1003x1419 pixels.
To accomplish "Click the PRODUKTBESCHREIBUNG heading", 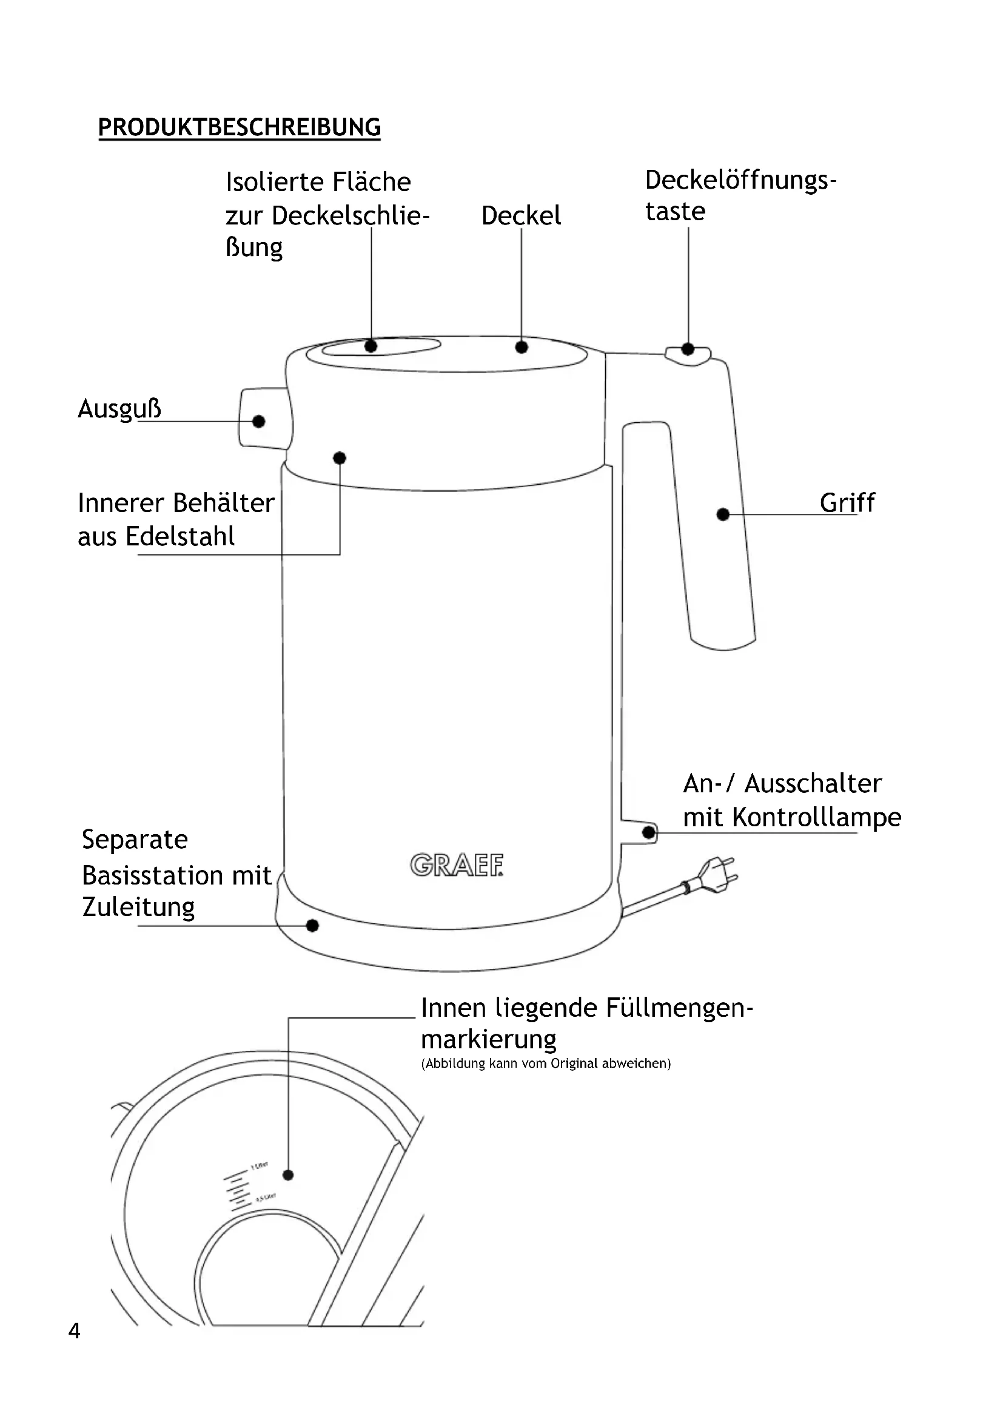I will pos(240,127).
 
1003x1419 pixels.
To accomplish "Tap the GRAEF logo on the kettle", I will pos(457,865).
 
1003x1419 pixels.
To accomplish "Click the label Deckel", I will pos(521,216).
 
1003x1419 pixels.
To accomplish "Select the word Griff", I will pos(847,502).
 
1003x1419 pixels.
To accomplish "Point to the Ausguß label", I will pos(119,408).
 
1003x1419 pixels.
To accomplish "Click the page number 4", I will pos(74,1330).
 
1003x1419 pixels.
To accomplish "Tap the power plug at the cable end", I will pos(716,875).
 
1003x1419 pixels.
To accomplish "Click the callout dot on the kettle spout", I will pos(259,422).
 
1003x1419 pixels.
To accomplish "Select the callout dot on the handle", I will pos(723,514).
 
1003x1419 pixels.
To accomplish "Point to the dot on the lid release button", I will pos(688,349).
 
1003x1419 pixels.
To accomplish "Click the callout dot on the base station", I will pos(312,925).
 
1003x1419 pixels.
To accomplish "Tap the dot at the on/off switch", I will pos(648,832).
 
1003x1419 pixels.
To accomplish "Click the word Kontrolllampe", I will pos(816,817).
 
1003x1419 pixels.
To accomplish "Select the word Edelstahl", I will pos(179,536).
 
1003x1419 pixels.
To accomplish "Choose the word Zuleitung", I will pos(138,906).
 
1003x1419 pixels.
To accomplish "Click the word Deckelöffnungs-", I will pos(740,180).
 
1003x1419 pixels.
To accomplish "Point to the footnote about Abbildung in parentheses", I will pos(546,1063).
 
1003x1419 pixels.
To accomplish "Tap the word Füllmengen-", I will pos(679,1008).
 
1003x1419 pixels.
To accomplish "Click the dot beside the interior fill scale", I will pos(288,1175).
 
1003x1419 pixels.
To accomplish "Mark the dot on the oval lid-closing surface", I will pos(371,346).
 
